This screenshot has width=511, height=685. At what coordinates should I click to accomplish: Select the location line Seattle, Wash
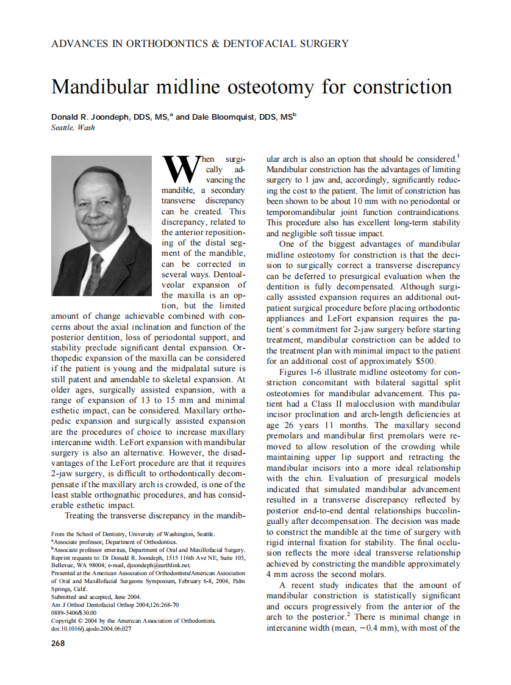tap(73, 128)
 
